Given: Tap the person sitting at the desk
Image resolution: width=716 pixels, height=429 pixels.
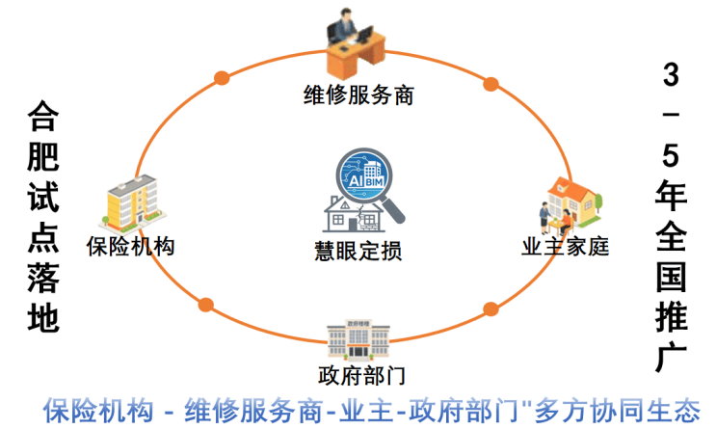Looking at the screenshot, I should coord(356,40).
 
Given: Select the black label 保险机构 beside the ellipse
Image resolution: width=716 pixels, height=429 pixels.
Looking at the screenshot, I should coord(129,246).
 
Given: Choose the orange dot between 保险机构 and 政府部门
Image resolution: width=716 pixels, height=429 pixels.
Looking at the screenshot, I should coord(205,305).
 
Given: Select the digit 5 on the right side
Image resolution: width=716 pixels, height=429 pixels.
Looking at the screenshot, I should coord(671,156).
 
